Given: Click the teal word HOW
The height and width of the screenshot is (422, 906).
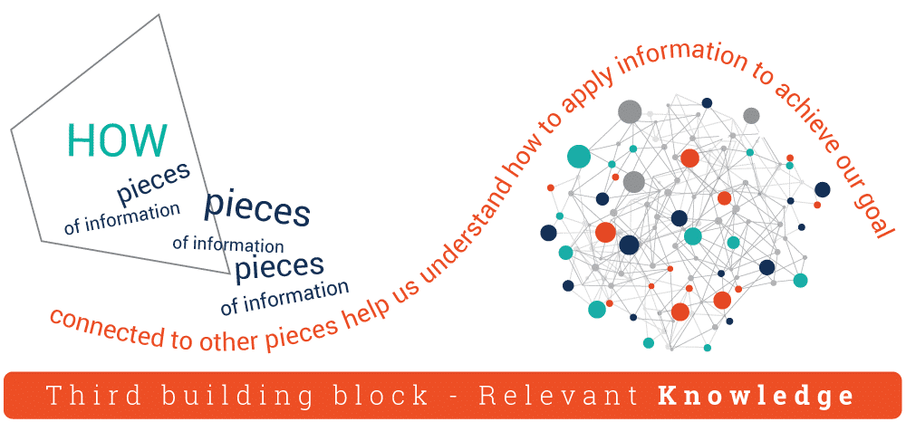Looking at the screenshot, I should pos(117,140).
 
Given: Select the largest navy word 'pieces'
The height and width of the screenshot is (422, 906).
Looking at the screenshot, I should pos(257,208).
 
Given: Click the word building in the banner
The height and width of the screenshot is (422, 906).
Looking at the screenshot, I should pos(209,396).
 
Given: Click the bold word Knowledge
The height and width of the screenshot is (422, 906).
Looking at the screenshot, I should pos(755,396).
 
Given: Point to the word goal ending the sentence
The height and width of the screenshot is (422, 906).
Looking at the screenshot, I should pos(871,209).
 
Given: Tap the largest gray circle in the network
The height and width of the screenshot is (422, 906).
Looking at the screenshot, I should pos(630,111).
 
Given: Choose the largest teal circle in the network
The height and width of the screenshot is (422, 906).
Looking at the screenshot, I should pos(579,156).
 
